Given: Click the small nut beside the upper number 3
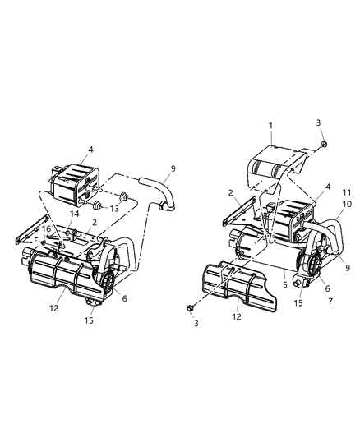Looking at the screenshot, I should [324, 145].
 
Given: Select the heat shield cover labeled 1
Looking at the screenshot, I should [272, 165].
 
